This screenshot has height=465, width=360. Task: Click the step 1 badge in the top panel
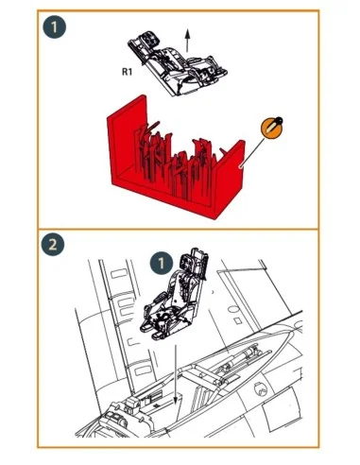pyautogui.click(x=55, y=26)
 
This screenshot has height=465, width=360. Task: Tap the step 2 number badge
pyautogui.click(x=53, y=244)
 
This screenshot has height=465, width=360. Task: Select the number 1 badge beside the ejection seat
pyautogui.click(x=162, y=263)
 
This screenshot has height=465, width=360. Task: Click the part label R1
pyautogui.click(x=127, y=72)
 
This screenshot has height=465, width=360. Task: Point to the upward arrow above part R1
pyautogui.click(x=187, y=41)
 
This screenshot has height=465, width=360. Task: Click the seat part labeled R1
pyautogui.click(x=178, y=63)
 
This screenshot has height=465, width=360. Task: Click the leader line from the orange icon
pyautogui.click(x=253, y=152)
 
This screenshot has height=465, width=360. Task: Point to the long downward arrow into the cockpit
pyautogui.click(x=176, y=375)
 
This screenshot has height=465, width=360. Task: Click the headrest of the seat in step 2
pyautogui.click(x=193, y=262)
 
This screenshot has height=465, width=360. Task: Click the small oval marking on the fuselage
pyautogui.click(x=232, y=310)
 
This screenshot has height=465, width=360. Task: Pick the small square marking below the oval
pyautogui.click(x=238, y=320)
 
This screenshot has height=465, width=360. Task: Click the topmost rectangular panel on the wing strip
pyautogui.click(x=119, y=273)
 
